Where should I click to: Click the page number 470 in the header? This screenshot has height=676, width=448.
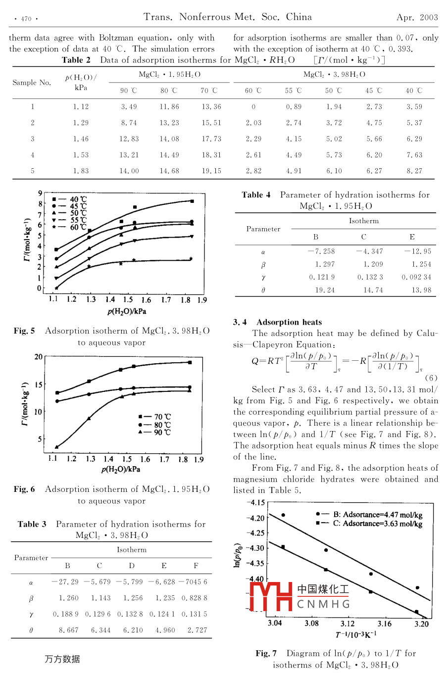click(x=26, y=19)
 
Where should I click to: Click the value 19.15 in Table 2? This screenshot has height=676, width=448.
click(x=211, y=171)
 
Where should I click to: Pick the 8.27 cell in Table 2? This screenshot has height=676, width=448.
click(x=414, y=171)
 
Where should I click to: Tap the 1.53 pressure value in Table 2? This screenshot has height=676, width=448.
click(x=81, y=155)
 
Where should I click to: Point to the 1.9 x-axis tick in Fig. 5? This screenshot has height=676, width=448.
click(x=202, y=300)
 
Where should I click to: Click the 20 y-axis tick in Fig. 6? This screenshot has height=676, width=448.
click(x=39, y=357)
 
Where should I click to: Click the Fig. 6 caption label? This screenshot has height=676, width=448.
click(x=24, y=489)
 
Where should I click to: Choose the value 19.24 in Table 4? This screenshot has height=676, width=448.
click(x=325, y=290)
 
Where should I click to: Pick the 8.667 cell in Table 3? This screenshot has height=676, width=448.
click(x=68, y=630)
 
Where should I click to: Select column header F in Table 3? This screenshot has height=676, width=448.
click(x=196, y=565)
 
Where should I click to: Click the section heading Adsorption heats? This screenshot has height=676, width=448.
click(x=289, y=322)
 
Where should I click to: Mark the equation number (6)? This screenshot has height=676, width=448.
click(x=431, y=378)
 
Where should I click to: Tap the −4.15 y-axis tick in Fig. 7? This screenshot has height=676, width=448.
click(x=256, y=503)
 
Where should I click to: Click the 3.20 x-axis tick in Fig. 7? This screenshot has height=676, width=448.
click(x=421, y=624)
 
